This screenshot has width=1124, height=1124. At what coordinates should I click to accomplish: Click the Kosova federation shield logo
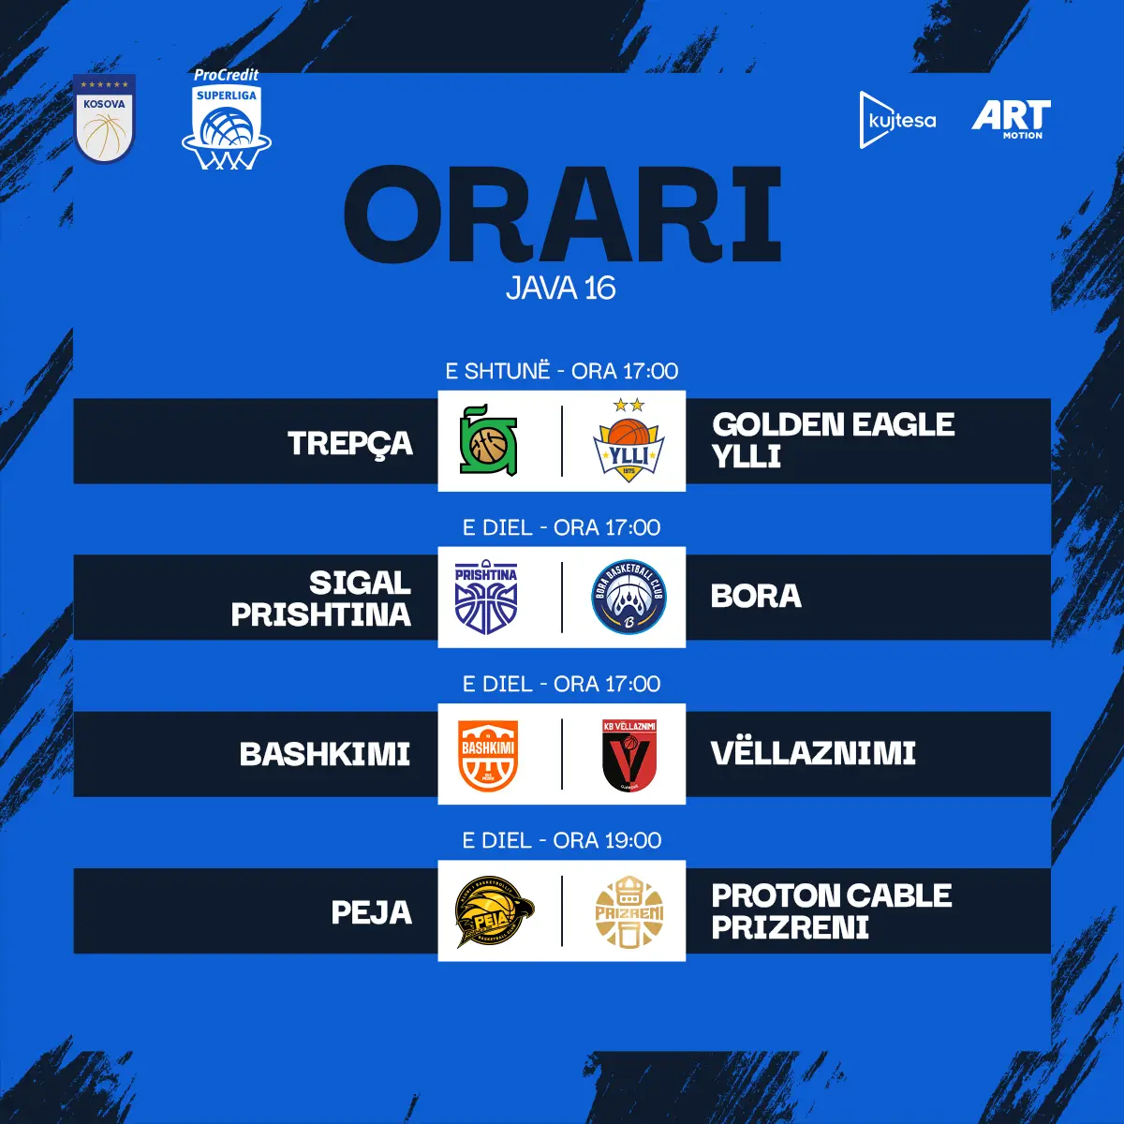click(x=104, y=118)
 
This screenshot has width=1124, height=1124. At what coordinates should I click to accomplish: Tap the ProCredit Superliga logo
click(x=227, y=120)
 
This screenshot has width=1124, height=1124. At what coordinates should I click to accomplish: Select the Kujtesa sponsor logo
click(x=897, y=120)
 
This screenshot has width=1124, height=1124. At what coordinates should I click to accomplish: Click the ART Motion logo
click(x=1011, y=120)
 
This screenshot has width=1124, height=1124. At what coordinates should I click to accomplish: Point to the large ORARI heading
click(x=562, y=214)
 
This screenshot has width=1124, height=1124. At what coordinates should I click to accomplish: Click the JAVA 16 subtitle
click(x=561, y=288)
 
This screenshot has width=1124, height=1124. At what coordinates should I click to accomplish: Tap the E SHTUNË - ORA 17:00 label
click(x=562, y=371)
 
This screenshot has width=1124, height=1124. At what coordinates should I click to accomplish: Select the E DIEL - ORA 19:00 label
click(x=562, y=840)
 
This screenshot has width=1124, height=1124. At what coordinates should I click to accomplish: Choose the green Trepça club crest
click(x=488, y=440)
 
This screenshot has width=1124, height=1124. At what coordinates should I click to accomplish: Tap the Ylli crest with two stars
click(x=629, y=440)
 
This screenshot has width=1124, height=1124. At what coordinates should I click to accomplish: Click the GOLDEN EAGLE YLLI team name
click(x=833, y=440)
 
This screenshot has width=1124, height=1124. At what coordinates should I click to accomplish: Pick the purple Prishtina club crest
click(x=486, y=597)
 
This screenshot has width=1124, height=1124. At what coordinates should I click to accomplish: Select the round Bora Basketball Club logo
click(x=629, y=597)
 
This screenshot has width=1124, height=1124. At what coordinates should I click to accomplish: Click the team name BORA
click(x=756, y=596)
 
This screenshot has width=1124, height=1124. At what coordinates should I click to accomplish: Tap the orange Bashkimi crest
click(x=488, y=755)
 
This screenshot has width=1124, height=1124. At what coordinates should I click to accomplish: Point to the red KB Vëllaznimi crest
click(x=629, y=755)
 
